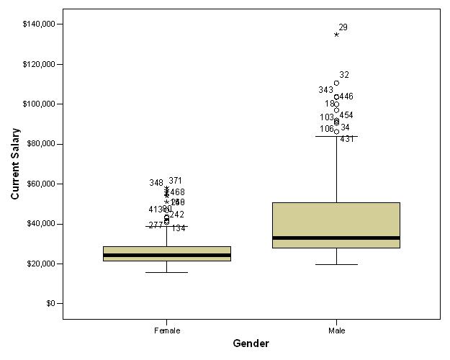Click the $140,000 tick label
coord(39,24)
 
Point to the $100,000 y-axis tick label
coord(39,104)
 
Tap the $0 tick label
coord(50,304)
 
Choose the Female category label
coord(167,330)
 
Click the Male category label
coord(336,330)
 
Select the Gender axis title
coord(251,344)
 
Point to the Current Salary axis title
coord(15,164)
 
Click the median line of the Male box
coord(336,238)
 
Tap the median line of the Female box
coord(167,255)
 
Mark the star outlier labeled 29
coord(336,35)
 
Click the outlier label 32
coord(344,75)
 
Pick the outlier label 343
coord(325,91)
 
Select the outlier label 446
coord(346,96)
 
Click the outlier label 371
coord(176,181)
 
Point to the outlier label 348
coord(156,184)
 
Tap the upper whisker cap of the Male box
coord(336,136)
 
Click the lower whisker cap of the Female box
coord(167,272)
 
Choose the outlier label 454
coord(346,115)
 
